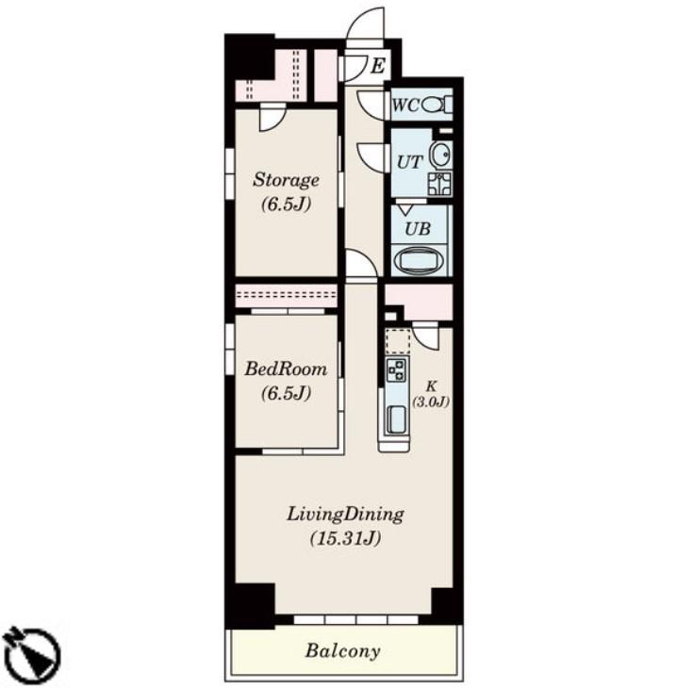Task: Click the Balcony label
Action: click(x=342, y=650)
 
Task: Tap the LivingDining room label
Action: click(x=345, y=515)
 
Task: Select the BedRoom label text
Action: click(x=286, y=369)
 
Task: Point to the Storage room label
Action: click(x=286, y=180)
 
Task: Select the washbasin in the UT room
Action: click(x=440, y=156)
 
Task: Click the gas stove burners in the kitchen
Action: click(x=397, y=370)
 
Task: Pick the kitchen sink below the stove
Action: click(x=396, y=419)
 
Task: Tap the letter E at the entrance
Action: click(x=377, y=66)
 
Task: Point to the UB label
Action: click(x=417, y=229)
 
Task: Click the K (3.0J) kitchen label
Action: click(x=431, y=394)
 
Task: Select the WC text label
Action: click(x=405, y=106)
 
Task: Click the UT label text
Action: click(x=410, y=162)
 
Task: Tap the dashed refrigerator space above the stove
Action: click(x=398, y=340)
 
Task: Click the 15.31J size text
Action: click(x=345, y=539)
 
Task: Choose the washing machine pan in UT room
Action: click(x=439, y=184)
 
